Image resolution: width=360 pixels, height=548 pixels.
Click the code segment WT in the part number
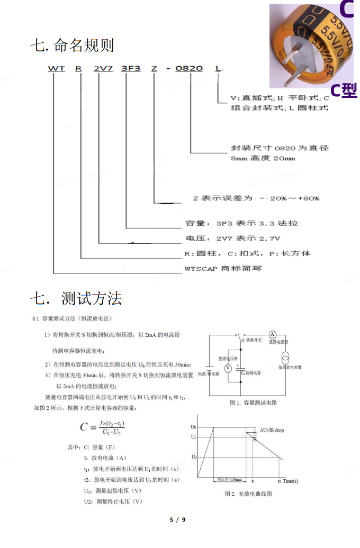click(56, 68)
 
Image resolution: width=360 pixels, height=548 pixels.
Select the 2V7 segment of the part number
click(101, 68)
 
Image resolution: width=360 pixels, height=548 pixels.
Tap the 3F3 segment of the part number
click(131, 68)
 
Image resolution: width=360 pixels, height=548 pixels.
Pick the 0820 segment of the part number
click(188, 68)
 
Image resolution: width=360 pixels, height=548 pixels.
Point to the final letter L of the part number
click(219, 68)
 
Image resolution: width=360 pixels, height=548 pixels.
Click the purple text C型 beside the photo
click(344, 90)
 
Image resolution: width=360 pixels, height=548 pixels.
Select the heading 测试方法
click(92, 299)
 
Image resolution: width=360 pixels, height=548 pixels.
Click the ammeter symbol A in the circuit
click(272, 334)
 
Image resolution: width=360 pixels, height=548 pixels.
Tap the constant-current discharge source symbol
click(285, 355)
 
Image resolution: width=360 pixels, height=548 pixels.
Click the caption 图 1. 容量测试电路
click(253, 403)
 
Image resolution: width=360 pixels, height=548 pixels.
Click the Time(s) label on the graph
click(290, 481)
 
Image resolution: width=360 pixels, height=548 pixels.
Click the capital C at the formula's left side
click(85, 427)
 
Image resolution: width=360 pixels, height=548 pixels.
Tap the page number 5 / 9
click(177, 519)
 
